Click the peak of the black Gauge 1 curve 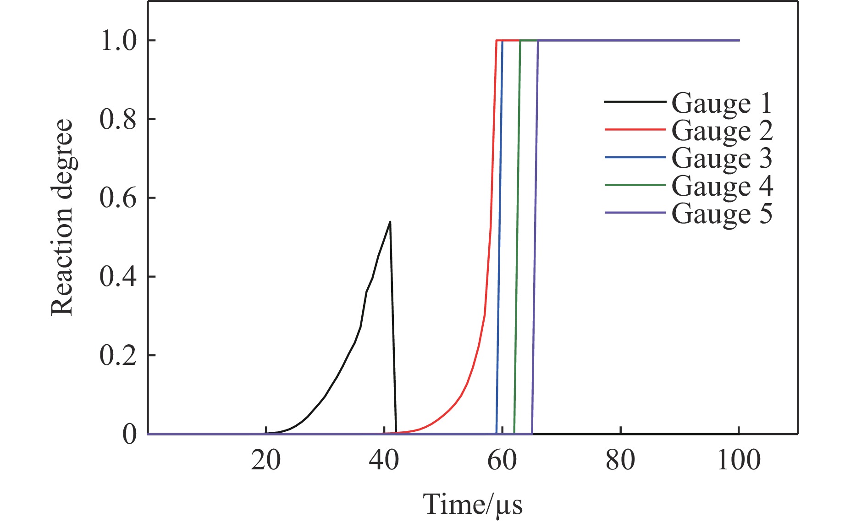[x=390, y=222]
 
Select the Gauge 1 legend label [x=722, y=103]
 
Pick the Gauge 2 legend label [x=722, y=131]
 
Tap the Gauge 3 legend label [x=722, y=158]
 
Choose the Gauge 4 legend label [x=722, y=186]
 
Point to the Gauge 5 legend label [x=722, y=214]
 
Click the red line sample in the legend [x=635, y=130]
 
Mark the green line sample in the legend [x=635, y=185]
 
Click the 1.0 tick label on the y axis [x=118, y=41]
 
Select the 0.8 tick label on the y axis [x=118, y=120]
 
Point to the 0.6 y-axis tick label [x=118, y=198]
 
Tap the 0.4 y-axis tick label [x=118, y=277]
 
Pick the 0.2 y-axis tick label [x=118, y=356]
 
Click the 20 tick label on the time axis [x=265, y=460]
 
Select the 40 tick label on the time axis [x=384, y=460]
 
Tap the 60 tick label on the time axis [x=502, y=460]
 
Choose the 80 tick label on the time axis [x=620, y=460]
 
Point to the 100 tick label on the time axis [x=739, y=460]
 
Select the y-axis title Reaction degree [x=62, y=217]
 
